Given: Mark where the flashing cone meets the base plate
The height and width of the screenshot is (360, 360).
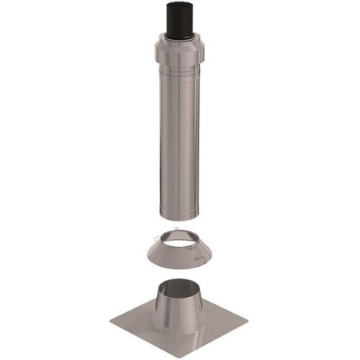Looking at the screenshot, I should (178, 323).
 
